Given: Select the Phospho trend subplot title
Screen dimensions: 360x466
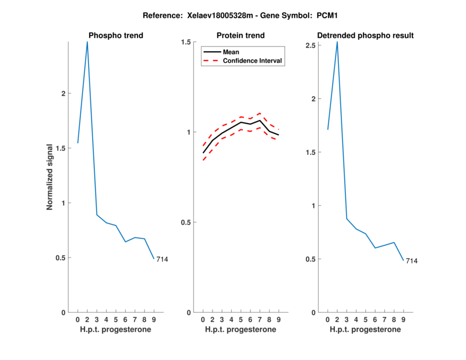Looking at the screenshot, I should (115, 36).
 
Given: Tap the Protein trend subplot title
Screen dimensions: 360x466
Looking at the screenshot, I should (241, 36).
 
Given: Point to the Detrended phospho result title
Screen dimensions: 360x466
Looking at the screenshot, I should (365, 36).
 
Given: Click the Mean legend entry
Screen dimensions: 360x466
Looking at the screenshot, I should (231, 52).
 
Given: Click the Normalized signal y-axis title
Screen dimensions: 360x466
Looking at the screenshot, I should (50, 177).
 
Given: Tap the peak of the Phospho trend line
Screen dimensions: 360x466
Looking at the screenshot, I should (87, 42).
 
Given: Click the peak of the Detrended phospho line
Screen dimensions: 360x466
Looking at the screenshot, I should (337, 42).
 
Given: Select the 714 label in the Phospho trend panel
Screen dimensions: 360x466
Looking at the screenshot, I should (162, 259).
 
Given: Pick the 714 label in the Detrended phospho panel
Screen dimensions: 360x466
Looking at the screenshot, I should (411, 261).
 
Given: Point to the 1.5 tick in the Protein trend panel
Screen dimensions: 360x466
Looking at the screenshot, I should (186, 42).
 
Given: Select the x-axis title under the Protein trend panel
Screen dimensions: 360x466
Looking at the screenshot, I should (241, 330).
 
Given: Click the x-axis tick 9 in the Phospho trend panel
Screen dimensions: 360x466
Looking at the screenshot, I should (154, 320).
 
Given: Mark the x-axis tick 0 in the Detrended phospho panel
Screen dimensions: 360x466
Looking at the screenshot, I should (327, 320).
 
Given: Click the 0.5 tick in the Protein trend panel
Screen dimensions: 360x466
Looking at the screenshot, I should (186, 223).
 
